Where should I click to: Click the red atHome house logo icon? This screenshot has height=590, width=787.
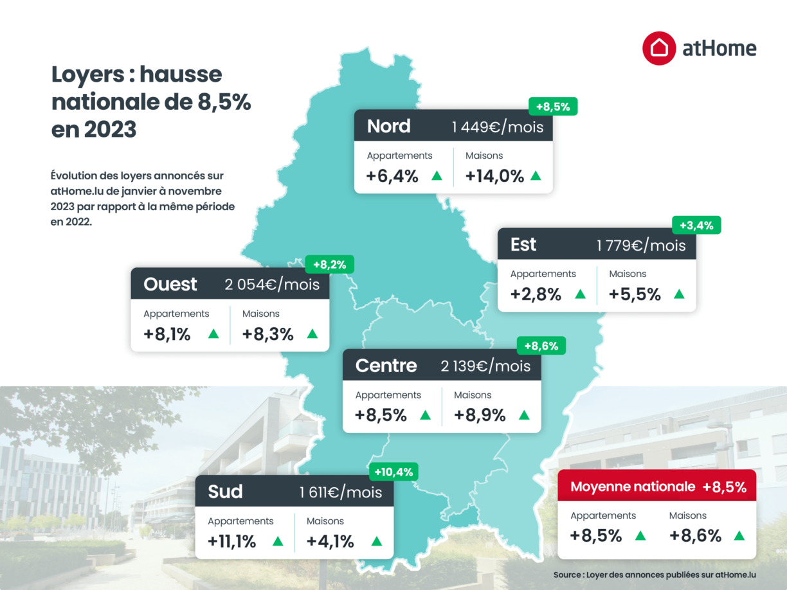coord(659,48)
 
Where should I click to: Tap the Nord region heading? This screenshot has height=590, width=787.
coord(388,126)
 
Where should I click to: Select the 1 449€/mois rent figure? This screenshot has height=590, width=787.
coord(497,127)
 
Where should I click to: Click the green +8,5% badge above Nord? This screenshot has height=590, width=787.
coord(553,107)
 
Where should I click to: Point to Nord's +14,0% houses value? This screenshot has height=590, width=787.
coord(494,176)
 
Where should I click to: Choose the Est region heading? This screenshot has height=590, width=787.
coord(523,245)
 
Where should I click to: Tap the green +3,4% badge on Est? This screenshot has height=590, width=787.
coord(696,225)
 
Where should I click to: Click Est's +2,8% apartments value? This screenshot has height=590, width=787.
coord(536,294)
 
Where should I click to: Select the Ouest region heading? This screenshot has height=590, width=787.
coord(170,284)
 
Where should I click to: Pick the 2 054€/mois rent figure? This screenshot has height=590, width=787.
coord(272,285)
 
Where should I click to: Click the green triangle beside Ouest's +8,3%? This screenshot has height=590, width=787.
coord(312,334)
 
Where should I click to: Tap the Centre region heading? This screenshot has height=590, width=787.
coord(386,366)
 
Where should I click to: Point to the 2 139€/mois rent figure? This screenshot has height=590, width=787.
coord(485,366)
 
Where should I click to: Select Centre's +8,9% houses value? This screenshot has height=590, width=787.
coord(480,415)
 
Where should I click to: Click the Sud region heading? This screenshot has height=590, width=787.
coord(225,492)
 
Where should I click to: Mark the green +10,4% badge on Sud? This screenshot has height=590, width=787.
coord(394,472)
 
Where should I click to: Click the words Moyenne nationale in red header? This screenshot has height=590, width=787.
coord(633,487)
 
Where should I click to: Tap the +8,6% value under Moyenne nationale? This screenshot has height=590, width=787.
coord(695,535)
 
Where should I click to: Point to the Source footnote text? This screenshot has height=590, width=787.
coord(655,575)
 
